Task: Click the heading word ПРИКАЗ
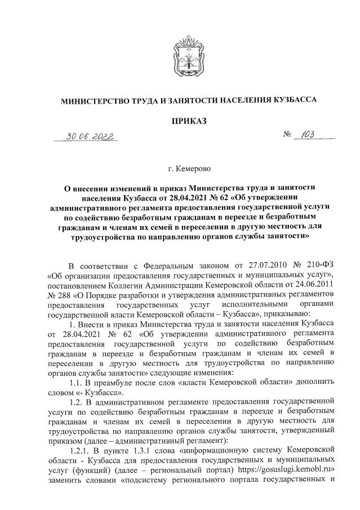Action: [180, 120]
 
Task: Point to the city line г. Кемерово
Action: [180, 168]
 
